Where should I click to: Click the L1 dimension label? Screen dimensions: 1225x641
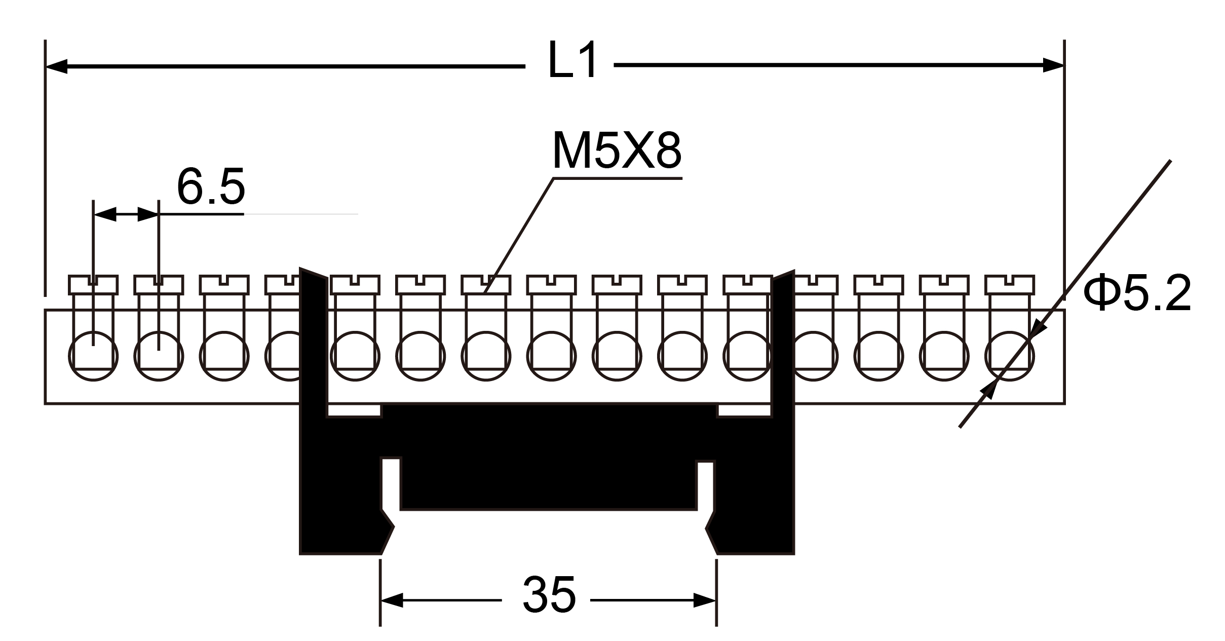click(x=572, y=61)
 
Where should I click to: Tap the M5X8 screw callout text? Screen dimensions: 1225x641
click(x=617, y=150)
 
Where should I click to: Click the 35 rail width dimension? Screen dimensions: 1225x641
click(x=549, y=594)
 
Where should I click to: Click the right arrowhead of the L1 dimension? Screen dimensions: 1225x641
click(x=1053, y=65)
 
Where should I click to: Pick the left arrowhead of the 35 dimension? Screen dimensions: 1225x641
click(x=392, y=600)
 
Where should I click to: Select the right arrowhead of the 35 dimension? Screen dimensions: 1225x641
click(x=705, y=600)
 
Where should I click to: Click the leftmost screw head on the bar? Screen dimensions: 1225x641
click(x=93, y=285)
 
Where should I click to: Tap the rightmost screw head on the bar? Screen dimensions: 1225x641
click(x=1010, y=285)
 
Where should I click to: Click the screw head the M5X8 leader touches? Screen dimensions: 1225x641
click(x=486, y=285)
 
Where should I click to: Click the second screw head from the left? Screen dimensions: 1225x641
click(x=159, y=285)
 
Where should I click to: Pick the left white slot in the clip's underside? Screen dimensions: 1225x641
click(x=391, y=484)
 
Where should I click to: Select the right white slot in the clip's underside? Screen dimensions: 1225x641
click(x=705, y=485)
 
